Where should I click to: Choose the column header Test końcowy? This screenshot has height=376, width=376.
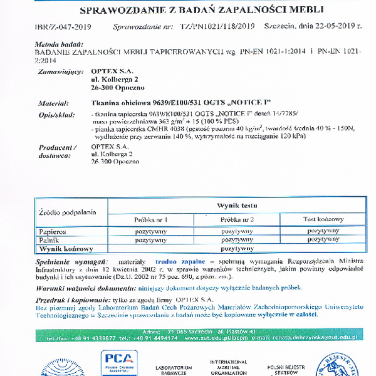(323, 219)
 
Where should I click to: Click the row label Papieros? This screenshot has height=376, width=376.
(53, 231)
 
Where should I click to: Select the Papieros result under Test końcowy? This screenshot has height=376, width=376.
(323, 231)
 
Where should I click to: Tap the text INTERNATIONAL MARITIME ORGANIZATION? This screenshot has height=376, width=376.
(227, 367)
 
